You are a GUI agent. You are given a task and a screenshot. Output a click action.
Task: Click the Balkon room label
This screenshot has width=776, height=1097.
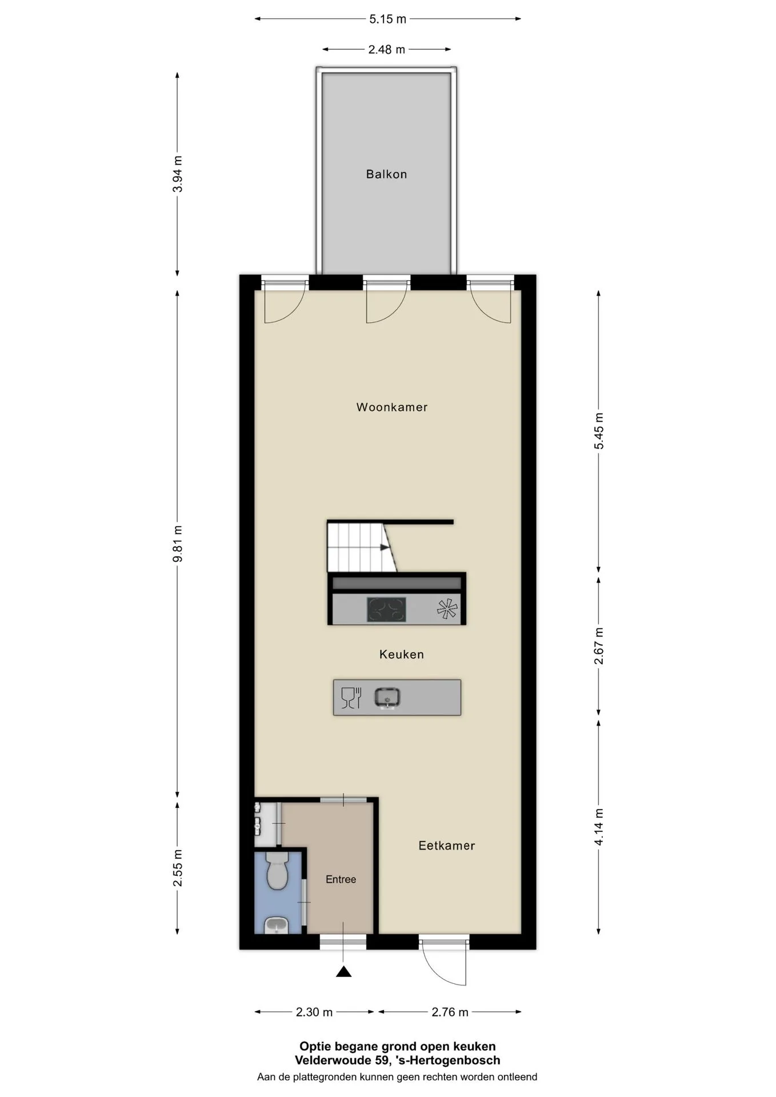pyautogui.click(x=386, y=174)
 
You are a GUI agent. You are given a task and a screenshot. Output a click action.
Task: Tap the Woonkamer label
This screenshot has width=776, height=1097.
pyautogui.click(x=392, y=407)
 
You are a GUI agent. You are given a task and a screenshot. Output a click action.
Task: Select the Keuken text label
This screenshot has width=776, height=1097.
pyautogui.click(x=402, y=655)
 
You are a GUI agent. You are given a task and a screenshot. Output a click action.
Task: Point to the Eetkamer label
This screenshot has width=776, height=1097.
pyautogui.click(x=447, y=846)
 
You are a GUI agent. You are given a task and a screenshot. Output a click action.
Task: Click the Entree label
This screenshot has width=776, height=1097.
pyautogui.click(x=341, y=879)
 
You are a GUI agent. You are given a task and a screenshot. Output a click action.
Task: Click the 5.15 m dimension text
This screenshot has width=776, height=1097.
pyautogui.click(x=387, y=19)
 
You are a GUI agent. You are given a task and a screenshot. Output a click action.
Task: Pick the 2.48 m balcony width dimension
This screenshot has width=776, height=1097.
pyautogui.click(x=387, y=50)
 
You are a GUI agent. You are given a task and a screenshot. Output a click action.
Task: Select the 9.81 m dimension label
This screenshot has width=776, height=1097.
pyautogui.click(x=178, y=543)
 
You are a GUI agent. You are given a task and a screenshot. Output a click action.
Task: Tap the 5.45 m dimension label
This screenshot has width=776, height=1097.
pyautogui.click(x=599, y=431)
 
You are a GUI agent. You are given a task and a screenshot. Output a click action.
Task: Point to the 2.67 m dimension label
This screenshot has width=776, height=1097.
pyautogui.click(x=599, y=646)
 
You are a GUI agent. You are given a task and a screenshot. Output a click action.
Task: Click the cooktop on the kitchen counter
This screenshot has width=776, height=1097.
pyautogui.click(x=386, y=610)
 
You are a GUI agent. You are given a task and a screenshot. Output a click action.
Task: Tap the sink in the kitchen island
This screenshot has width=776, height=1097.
pyautogui.click(x=387, y=698)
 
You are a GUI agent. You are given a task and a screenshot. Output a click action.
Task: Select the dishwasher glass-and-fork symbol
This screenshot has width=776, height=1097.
pyautogui.click(x=351, y=698)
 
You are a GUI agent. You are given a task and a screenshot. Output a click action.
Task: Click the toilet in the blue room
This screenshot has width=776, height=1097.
pyautogui.click(x=278, y=871)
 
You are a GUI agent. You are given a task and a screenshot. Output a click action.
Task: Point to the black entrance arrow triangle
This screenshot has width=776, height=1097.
pyautogui.click(x=343, y=971)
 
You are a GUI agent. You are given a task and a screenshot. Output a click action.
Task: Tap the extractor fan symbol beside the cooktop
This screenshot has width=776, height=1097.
pyautogui.click(x=447, y=609)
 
